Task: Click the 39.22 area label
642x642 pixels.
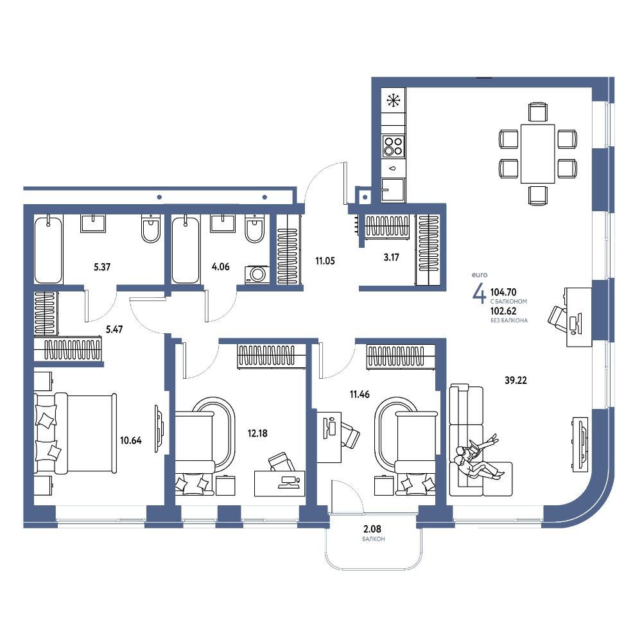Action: click(516, 380)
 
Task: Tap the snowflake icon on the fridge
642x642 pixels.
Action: click(394, 100)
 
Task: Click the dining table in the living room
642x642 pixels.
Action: click(537, 153)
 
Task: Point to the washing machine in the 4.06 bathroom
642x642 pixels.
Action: click(257, 274)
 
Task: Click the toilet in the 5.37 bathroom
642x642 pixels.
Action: click(151, 228)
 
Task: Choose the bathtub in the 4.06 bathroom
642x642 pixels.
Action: click(186, 250)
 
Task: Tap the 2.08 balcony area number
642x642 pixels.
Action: click(372, 529)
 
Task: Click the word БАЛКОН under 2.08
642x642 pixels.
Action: click(374, 539)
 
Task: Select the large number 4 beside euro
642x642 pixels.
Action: click(479, 293)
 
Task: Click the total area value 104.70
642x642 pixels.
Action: click(503, 292)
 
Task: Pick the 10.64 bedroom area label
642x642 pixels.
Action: click(130, 440)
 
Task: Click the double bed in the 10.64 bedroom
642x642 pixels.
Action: click(75, 433)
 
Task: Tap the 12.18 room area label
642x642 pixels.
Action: click(257, 433)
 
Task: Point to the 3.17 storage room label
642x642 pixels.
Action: click(391, 257)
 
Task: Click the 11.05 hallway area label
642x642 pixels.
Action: click(325, 261)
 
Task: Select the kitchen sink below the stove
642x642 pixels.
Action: click(393, 189)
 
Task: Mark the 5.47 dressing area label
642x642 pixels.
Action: click(114, 329)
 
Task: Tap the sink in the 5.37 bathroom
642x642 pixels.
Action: click(93, 223)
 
